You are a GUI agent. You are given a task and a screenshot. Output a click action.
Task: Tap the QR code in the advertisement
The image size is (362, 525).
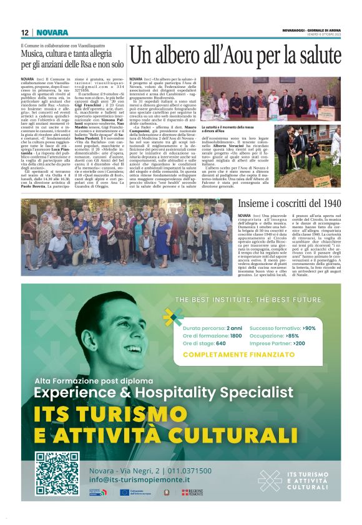57,473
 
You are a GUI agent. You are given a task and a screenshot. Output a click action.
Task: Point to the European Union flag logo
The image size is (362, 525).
124,492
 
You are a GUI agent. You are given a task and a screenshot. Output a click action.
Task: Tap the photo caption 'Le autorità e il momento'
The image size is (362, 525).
223,127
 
